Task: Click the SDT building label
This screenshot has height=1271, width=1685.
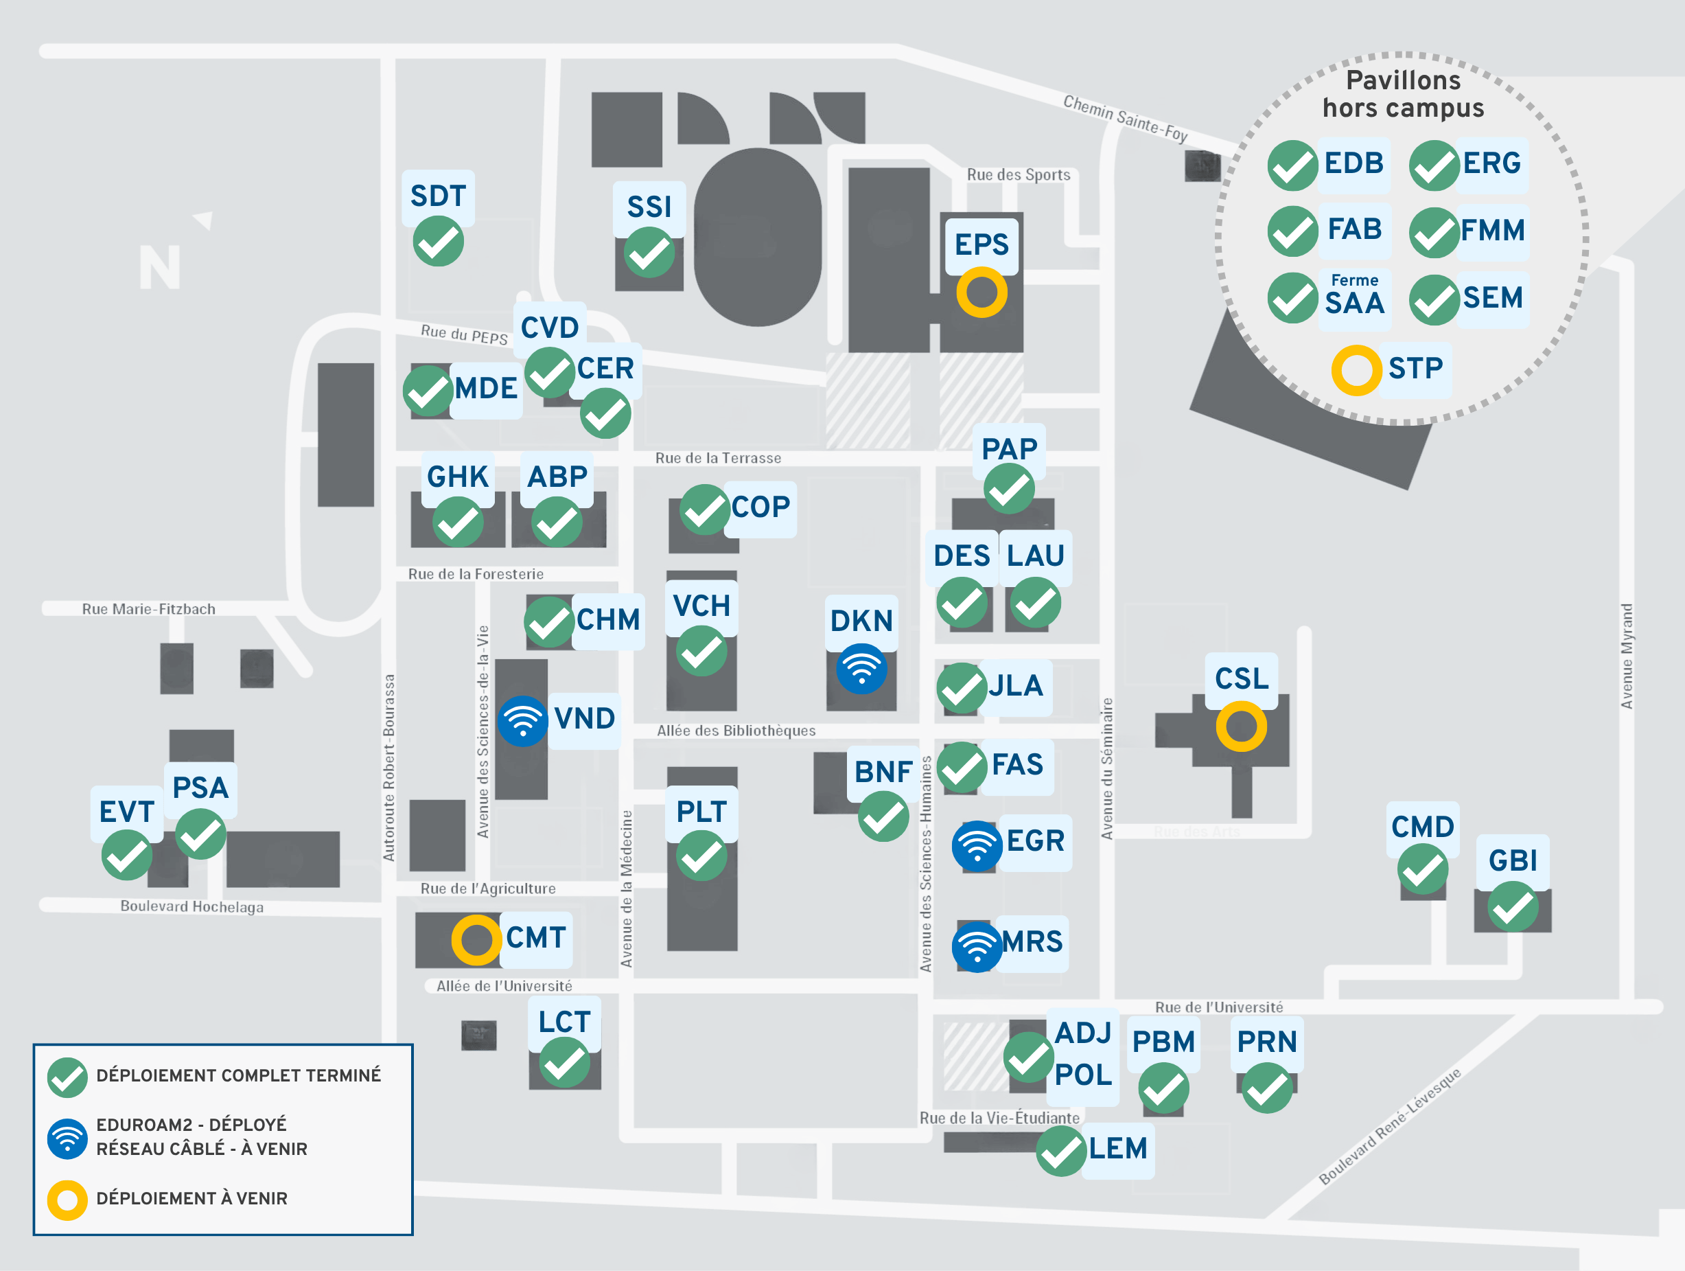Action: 438,196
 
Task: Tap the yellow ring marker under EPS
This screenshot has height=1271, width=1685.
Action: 982,292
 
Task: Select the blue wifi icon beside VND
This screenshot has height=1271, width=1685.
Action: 523,721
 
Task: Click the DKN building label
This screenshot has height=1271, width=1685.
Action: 861,621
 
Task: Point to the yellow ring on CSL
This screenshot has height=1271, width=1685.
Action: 1242,726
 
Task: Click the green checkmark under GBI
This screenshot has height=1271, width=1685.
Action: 1513,907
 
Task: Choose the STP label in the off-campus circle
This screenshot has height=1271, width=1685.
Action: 1415,369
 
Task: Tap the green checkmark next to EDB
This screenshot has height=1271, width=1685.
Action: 1292,165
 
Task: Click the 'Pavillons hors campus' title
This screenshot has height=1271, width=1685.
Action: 1404,93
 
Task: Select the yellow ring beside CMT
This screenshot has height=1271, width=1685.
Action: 477,939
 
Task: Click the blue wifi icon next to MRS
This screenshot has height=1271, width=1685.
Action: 977,946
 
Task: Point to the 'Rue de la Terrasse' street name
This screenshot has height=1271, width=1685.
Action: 719,458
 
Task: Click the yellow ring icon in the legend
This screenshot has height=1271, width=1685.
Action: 68,1200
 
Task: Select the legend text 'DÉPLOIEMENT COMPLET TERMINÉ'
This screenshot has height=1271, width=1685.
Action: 238,1075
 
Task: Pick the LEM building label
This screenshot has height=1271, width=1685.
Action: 1117,1148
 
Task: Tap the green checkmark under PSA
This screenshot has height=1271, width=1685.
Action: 201,834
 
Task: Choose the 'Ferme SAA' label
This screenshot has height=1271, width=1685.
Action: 1354,297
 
